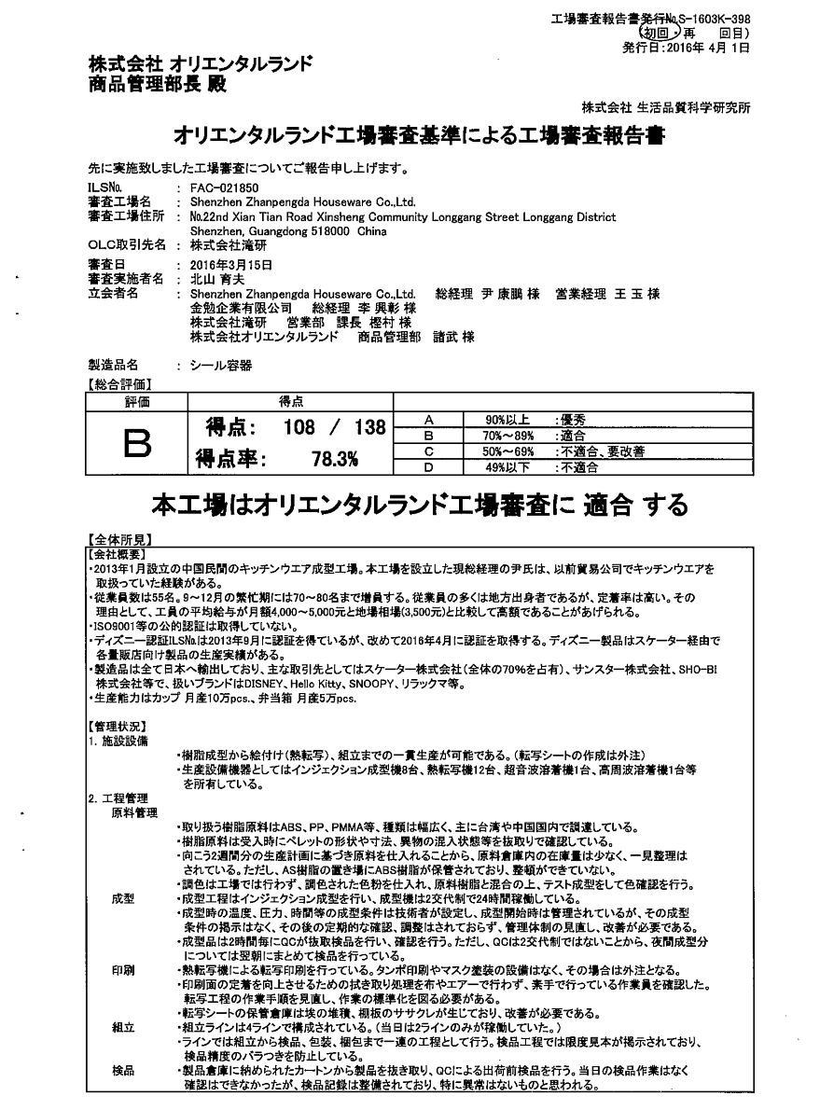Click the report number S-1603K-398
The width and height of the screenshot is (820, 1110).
tap(715, 19)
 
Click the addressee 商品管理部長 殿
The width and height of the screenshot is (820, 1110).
tap(156, 83)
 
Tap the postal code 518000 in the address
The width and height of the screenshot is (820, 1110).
tap(329, 230)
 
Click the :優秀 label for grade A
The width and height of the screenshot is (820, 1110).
tap(570, 421)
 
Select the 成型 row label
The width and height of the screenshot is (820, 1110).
tap(123, 898)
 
